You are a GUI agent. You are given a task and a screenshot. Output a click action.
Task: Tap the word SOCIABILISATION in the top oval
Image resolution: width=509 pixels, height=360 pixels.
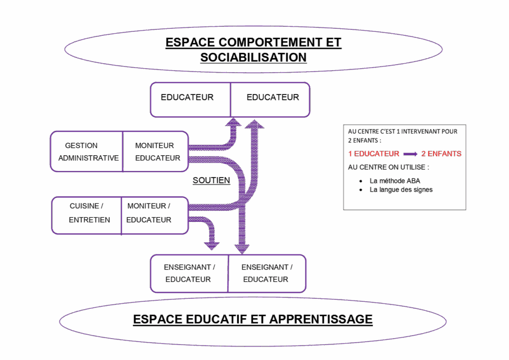pos(253,57)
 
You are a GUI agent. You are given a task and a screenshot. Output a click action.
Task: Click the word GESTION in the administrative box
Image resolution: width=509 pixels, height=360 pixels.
pos(81,146)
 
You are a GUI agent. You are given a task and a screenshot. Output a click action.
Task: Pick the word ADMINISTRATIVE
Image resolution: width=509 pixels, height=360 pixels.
pos(88,158)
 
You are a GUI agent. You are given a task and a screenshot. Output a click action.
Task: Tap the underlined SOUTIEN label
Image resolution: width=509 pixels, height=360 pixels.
pos(211,180)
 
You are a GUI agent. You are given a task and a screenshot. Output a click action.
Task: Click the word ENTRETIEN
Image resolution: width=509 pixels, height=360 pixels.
pos(89,219)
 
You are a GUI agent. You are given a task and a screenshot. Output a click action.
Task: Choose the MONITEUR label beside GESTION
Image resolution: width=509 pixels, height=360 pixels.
pos(155,146)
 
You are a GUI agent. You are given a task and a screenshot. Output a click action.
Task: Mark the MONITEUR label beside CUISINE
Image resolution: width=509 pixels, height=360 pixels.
pos(147,206)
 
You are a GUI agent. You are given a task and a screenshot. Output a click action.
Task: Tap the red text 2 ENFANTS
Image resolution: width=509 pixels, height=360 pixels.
pos(441,154)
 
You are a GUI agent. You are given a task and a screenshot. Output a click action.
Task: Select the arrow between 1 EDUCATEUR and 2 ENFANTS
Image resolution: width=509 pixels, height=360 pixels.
pos(411,154)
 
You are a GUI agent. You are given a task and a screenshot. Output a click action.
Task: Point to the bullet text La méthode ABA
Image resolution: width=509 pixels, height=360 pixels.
pos(395,181)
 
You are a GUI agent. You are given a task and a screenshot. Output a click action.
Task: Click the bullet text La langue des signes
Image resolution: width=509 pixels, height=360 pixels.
pos(401,189)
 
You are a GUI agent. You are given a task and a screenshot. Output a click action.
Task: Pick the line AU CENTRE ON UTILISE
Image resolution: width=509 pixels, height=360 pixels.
pos(388,167)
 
